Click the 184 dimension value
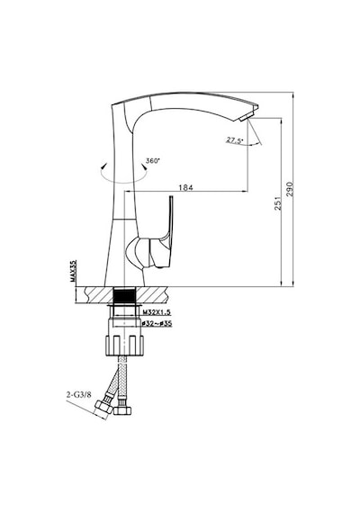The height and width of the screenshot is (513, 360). click(x=185, y=187)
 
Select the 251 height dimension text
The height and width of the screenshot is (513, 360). click(x=277, y=203)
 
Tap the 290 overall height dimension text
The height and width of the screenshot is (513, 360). click(x=290, y=189)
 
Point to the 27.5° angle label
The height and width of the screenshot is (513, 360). click(x=235, y=140)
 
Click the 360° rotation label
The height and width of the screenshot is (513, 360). click(x=153, y=160)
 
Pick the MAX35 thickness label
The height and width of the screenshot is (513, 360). click(x=73, y=271)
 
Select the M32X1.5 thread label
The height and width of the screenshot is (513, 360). click(x=157, y=312)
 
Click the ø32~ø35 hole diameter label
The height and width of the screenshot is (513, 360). click(x=157, y=324)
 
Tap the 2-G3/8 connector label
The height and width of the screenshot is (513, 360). click(x=78, y=395)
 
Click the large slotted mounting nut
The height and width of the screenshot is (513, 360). click(x=124, y=346)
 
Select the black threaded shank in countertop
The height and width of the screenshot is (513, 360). click(x=124, y=294)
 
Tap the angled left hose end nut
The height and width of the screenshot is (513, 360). click(x=103, y=409)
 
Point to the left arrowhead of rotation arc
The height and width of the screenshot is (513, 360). click(x=103, y=166)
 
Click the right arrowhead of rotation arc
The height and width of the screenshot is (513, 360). click(x=143, y=166)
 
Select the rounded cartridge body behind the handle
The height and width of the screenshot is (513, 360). click(x=138, y=253)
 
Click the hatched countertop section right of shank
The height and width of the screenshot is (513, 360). click(x=151, y=294)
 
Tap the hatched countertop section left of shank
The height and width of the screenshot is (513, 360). click(x=94, y=294)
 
